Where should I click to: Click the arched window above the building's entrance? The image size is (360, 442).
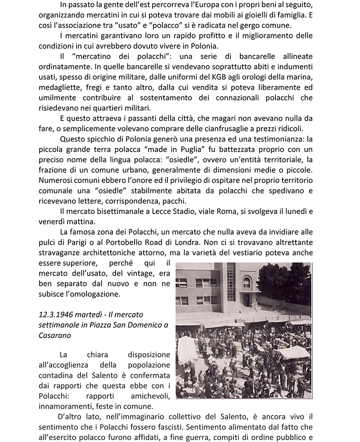(247, 283)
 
